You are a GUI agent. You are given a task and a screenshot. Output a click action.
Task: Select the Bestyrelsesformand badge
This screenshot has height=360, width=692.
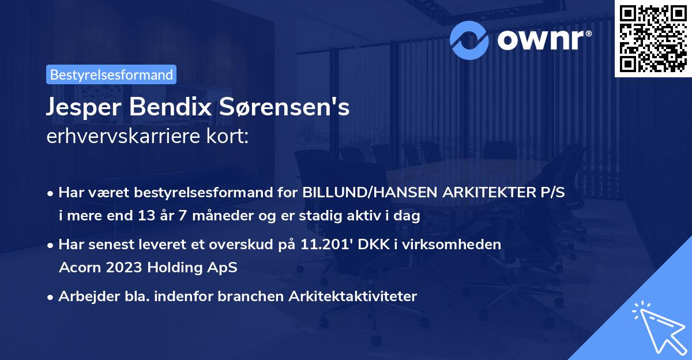click(x=111, y=74)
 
